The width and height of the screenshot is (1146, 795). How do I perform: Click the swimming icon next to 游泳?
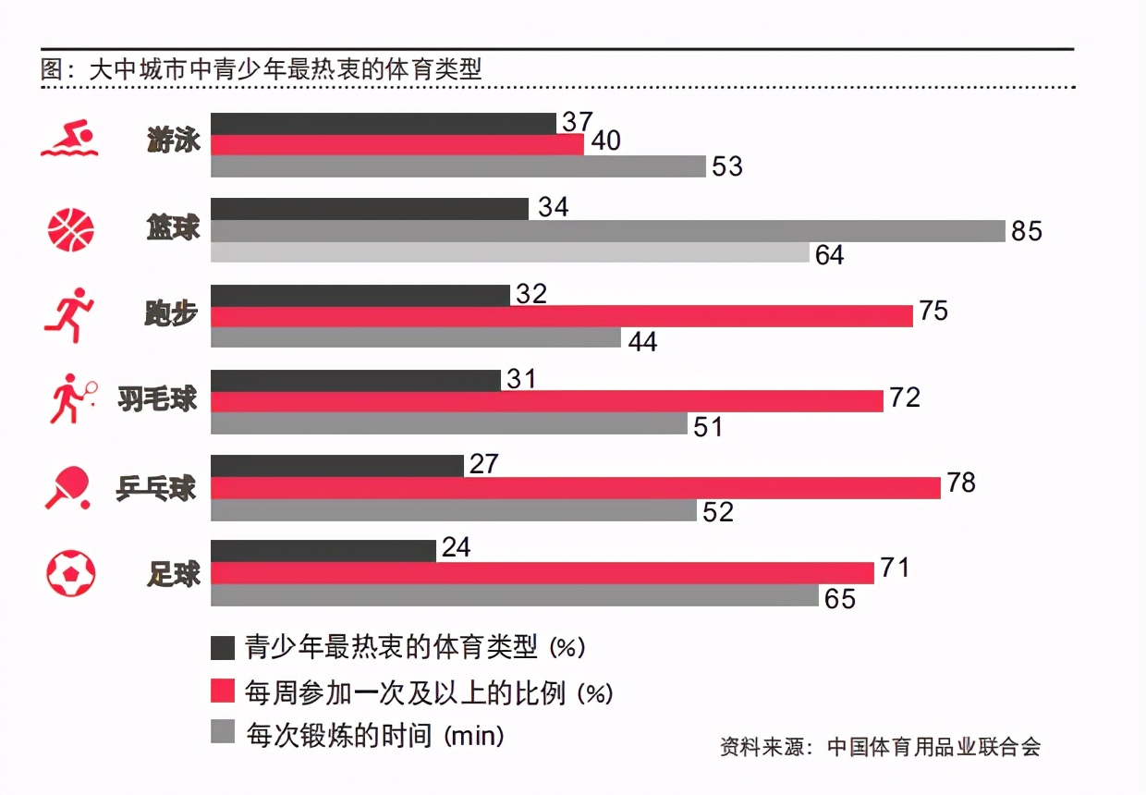pyautogui.click(x=69, y=141)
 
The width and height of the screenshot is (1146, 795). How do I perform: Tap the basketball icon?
pyautogui.click(x=70, y=228)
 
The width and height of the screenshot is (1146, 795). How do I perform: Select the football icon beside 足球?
pyautogui.click(x=70, y=573)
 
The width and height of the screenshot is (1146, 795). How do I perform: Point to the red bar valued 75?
pyautogui.click(x=562, y=316)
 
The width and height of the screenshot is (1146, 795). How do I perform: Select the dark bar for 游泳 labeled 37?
pyautogui.click(x=384, y=123)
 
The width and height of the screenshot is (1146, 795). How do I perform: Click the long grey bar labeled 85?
pyautogui.click(x=608, y=231)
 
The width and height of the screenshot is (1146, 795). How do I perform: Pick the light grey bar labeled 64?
pyautogui.click(x=510, y=252)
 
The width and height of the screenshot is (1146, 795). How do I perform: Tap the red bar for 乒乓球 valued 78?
pyautogui.click(x=576, y=488)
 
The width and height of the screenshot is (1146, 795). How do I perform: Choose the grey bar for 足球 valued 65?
pyautogui.click(x=515, y=595)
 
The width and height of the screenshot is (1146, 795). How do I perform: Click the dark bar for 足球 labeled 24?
pyautogui.click(x=323, y=551)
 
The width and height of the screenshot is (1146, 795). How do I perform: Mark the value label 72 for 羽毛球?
pyautogui.click(x=905, y=398)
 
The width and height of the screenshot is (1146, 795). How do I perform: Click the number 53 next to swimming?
pyautogui.click(x=726, y=166)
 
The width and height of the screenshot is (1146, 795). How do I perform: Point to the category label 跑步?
pyautogui.click(x=172, y=314)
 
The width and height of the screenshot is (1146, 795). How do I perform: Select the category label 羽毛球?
pyautogui.click(x=158, y=399)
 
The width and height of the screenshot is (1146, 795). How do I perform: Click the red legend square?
pyautogui.click(x=224, y=691)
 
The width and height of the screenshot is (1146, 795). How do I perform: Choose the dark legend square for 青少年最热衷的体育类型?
pyautogui.click(x=224, y=647)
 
